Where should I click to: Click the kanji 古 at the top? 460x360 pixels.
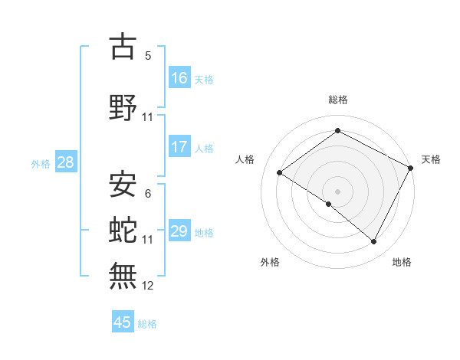[123, 47]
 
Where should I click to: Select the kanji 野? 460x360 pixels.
[123, 108]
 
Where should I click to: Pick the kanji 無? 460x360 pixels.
[123, 273]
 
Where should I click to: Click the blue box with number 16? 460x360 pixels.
[179, 78]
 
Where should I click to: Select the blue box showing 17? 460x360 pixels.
[179, 147]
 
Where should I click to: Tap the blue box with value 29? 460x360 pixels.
[179, 231]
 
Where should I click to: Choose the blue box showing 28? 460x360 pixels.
[65, 162]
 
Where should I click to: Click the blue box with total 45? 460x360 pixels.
[123, 322]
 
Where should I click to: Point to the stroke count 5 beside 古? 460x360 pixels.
[148, 56]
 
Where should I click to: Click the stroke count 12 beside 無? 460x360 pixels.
[148, 286]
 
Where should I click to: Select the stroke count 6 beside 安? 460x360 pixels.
[148, 193]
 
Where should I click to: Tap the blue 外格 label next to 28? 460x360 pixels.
[41, 163]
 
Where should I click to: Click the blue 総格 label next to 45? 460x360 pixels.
[147, 323]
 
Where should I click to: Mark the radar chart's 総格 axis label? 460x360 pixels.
[337, 100]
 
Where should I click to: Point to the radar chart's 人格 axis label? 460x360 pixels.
[245, 159]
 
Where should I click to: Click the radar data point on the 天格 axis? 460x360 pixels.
[410, 169]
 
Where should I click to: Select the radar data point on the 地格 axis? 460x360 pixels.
[374, 242]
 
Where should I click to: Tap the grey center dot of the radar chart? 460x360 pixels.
[337, 190]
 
